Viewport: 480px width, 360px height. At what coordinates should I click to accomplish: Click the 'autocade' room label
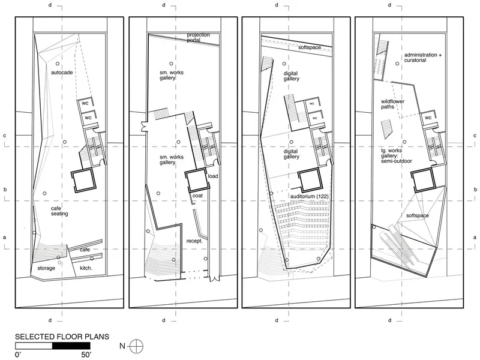pos(62,73)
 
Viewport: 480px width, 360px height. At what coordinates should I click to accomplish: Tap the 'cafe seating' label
pos(59,211)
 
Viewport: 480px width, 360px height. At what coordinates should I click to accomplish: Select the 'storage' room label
pos(46,268)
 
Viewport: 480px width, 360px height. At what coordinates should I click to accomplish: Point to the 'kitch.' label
pos(86,268)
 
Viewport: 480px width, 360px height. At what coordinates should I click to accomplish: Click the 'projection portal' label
pos(199,37)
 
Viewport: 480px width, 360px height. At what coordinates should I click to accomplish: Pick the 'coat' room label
pos(197,196)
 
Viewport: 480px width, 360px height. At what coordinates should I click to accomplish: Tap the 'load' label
pos(213,176)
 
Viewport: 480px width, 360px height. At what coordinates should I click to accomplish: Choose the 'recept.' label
pos(194,241)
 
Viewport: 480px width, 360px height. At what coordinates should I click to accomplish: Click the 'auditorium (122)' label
pos(309,196)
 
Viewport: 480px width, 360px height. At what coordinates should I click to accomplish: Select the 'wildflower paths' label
pos(392,104)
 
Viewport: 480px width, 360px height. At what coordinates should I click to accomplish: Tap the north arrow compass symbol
pos(136,347)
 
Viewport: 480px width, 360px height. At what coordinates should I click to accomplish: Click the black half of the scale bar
pos(71,346)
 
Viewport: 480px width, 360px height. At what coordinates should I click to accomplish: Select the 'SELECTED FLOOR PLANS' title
pos(62,337)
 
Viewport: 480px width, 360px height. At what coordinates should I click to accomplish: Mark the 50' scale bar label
pos(86,355)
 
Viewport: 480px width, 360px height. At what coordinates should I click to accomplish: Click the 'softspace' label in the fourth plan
pos(418,215)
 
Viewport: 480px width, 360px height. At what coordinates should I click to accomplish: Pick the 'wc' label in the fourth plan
pos(428,118)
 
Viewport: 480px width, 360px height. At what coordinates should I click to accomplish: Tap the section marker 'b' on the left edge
pos(5,190)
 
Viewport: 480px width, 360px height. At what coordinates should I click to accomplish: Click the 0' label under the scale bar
pos(18,355)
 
